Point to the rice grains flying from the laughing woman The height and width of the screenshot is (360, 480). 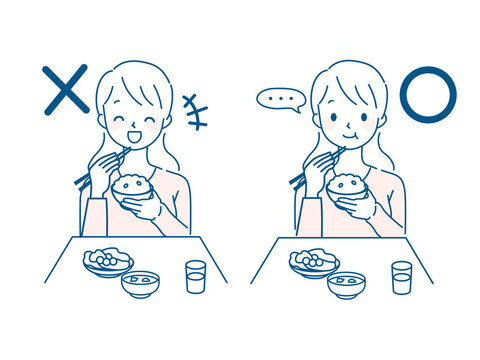click(196, 111)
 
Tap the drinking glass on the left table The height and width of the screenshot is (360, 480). click(195, 275)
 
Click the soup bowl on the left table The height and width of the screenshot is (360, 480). click(140, 284)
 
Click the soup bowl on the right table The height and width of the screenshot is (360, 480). click(346, 284)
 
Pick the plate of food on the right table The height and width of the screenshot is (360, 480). click(313, 263)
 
